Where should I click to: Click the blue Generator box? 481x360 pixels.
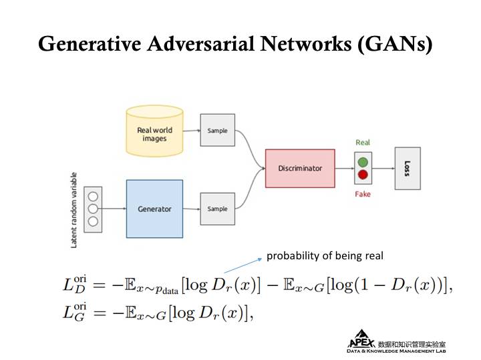click(154, 209)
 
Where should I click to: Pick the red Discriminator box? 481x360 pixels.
click(300, 168)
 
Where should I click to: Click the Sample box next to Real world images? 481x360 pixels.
click(217, 131)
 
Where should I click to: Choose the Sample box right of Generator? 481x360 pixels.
click(217, 209)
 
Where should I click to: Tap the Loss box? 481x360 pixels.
click(408, 169)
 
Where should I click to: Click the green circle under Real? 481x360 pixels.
click(363, 162)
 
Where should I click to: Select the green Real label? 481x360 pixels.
click(363, 142)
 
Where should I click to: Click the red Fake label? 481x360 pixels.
click(363, 194)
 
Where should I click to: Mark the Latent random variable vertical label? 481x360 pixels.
click(74, 209)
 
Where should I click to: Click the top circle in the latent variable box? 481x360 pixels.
click(93, 197)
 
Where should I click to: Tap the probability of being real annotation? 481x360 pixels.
click(325, 256)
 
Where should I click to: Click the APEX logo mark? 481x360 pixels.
click(361, 339)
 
